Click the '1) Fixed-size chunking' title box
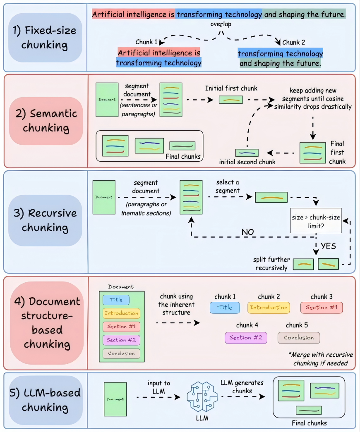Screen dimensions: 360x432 45,38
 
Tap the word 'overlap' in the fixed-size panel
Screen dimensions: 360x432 221,24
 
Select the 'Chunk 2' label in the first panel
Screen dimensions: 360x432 293,42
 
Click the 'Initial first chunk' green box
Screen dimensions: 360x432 231,100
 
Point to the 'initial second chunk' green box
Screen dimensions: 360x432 247,153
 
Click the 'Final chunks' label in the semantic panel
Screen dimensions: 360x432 183,157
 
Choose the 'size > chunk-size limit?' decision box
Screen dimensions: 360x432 316,221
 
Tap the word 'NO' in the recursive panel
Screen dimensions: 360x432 247,232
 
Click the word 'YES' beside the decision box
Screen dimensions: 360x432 328,246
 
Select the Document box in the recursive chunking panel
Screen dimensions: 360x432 104,197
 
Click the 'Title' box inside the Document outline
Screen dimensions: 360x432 116,300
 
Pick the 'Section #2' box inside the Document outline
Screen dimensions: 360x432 121,340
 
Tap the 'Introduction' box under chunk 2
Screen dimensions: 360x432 269,308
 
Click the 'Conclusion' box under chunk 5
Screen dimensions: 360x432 299,338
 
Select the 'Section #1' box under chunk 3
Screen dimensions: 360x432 322,308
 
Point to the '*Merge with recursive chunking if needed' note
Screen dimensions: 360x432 321,359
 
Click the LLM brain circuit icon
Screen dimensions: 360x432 202,396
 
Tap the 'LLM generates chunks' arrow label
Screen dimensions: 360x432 242,387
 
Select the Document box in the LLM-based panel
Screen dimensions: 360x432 115,399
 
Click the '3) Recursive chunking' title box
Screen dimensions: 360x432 45,220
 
